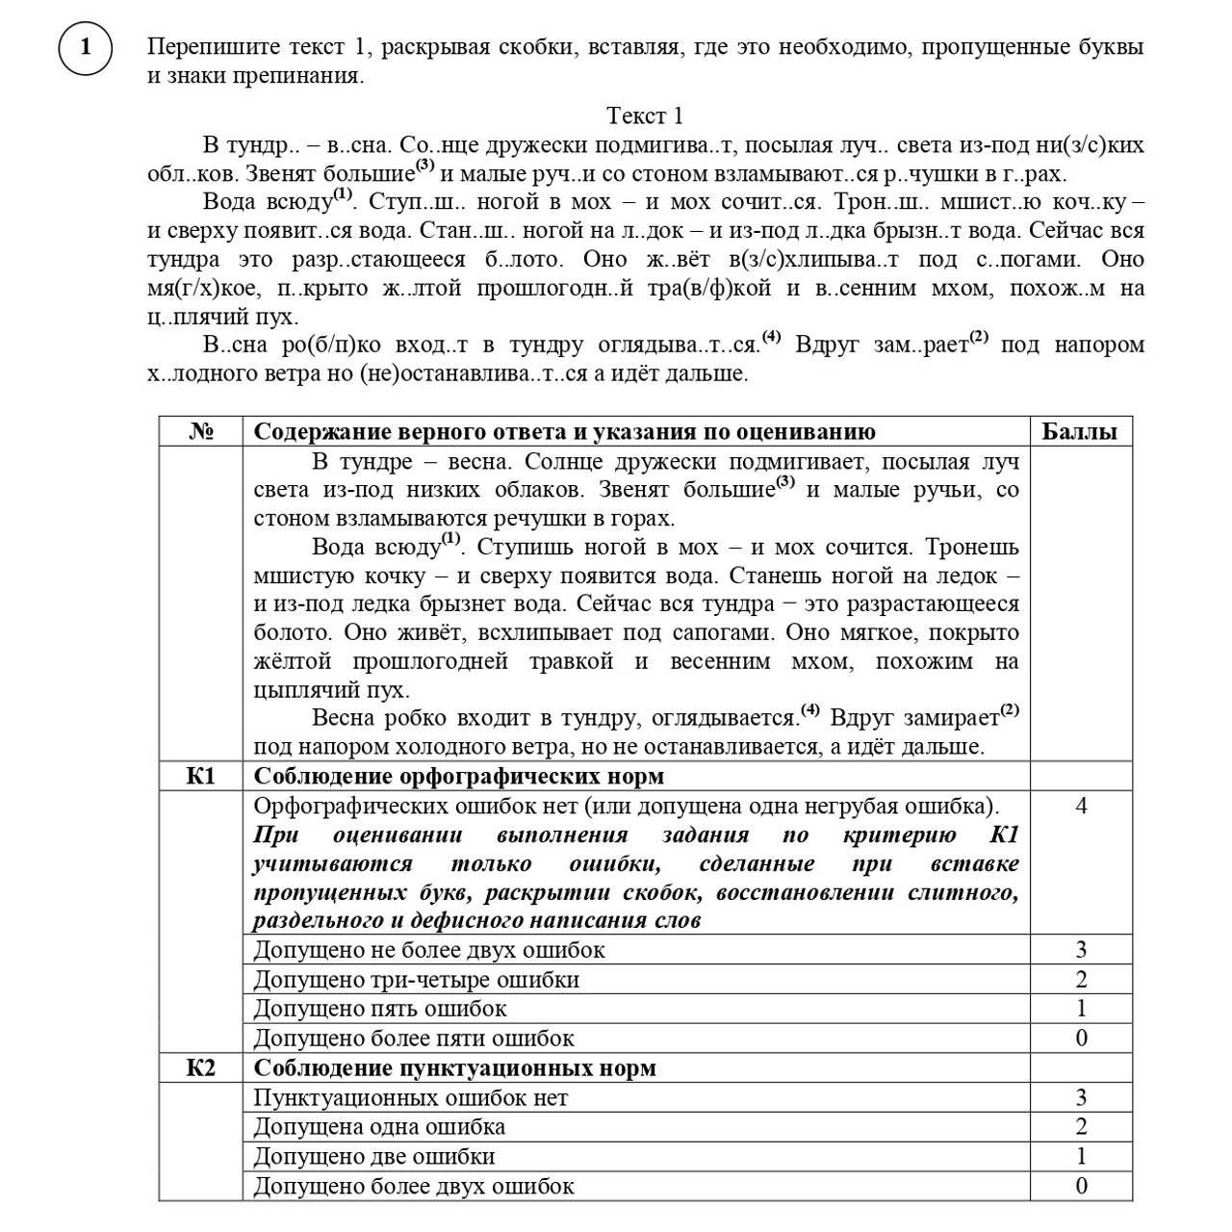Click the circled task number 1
(85, 47)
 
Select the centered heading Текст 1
(644, 116)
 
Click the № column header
(200, 431)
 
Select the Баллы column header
(1080, 431)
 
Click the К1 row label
(200, 777)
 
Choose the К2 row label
(200, 1068)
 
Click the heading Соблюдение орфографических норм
(458, 777)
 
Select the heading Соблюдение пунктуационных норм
(454, 1068)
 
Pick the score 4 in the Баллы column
(1081, 806)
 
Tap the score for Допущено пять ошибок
(1081, 1009)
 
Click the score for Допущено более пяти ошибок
(1081, 1038)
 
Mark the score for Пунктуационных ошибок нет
(1081, 1097)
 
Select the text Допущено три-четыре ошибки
(416, 980)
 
